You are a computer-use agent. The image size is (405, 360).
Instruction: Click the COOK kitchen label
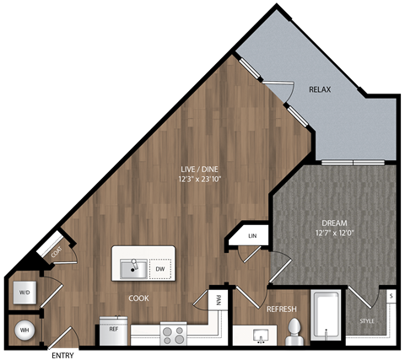click(x=139, y=298)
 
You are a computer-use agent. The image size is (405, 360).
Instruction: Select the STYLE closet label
click(x=366, y=320)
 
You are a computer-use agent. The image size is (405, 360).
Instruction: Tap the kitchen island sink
click(x=132, y=269)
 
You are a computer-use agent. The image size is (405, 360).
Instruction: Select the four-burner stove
click(x=173, y=334)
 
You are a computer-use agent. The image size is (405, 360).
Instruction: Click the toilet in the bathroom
click(x=293, y=331)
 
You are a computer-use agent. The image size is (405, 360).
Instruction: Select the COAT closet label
click(x=57, y=250)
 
